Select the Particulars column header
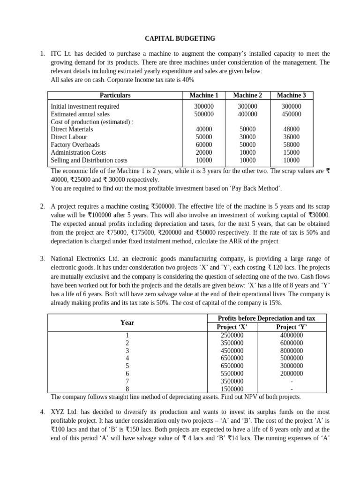pos(115,95)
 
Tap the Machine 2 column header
pos(247,95)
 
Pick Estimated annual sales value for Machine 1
pos(204,114)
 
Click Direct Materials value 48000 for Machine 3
pos(291,129)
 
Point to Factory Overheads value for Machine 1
pos(204,145)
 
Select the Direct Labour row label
pos(69,137)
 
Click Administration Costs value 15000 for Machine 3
pos(291,152)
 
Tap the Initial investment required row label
pos(85,106)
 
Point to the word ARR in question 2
pos(242,241)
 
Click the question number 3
pos(42,259)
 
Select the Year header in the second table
pos(127,322)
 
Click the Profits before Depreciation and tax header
pos(267,318)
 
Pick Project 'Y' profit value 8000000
pos(291,351)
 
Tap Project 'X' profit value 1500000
pos(232,389)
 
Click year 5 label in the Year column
pos(127,366)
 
